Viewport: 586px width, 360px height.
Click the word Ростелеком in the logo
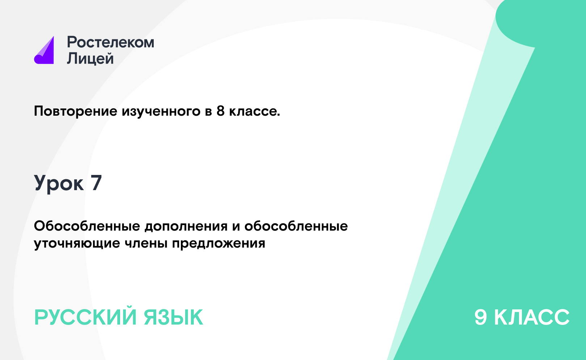coord(110,42)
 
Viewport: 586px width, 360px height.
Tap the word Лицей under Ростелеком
coord(90,58)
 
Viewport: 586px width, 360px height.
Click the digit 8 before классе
coord(221,111)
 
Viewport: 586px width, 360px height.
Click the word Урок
coord(59,183)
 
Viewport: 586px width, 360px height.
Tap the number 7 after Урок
coord(96,183)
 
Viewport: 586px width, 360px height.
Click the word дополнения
coord(186,226)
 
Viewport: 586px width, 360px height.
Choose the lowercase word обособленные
coord(296,226)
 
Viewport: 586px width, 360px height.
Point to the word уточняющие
coord(77,244)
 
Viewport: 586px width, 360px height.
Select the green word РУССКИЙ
coord(85,317)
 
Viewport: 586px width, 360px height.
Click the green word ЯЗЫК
coord(173,317)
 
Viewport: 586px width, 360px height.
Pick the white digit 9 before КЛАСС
coord(481,317)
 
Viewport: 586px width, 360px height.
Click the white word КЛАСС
coord(532,317)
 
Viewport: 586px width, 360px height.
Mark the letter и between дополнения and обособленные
coord(236,226)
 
